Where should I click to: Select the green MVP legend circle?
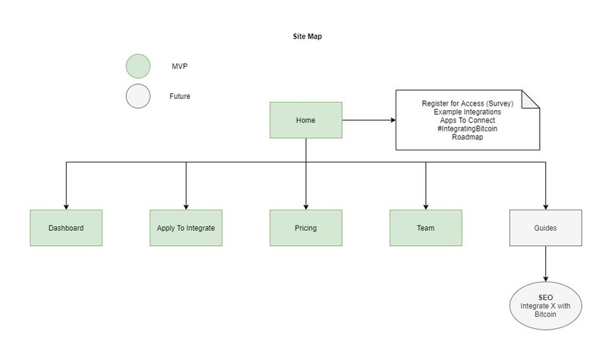point(138,67)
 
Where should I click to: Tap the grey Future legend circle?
point(138,96)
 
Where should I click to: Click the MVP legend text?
point(179,67)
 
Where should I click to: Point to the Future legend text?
point(180,96)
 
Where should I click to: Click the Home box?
point(306,120)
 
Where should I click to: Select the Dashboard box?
point(66,228)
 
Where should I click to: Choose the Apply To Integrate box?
point(186,228)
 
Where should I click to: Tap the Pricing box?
point(306,228)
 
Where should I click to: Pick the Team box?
point(425,228)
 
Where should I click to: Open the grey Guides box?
point(545,228)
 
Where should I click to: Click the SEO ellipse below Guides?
point(545,305)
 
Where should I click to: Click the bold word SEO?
point(545,297)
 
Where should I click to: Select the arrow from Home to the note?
point(368,120)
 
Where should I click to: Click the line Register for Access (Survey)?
point(467,103)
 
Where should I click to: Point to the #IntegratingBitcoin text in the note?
point(467,129)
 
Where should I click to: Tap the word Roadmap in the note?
point(467,137)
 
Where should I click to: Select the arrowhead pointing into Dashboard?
point(66,206)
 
